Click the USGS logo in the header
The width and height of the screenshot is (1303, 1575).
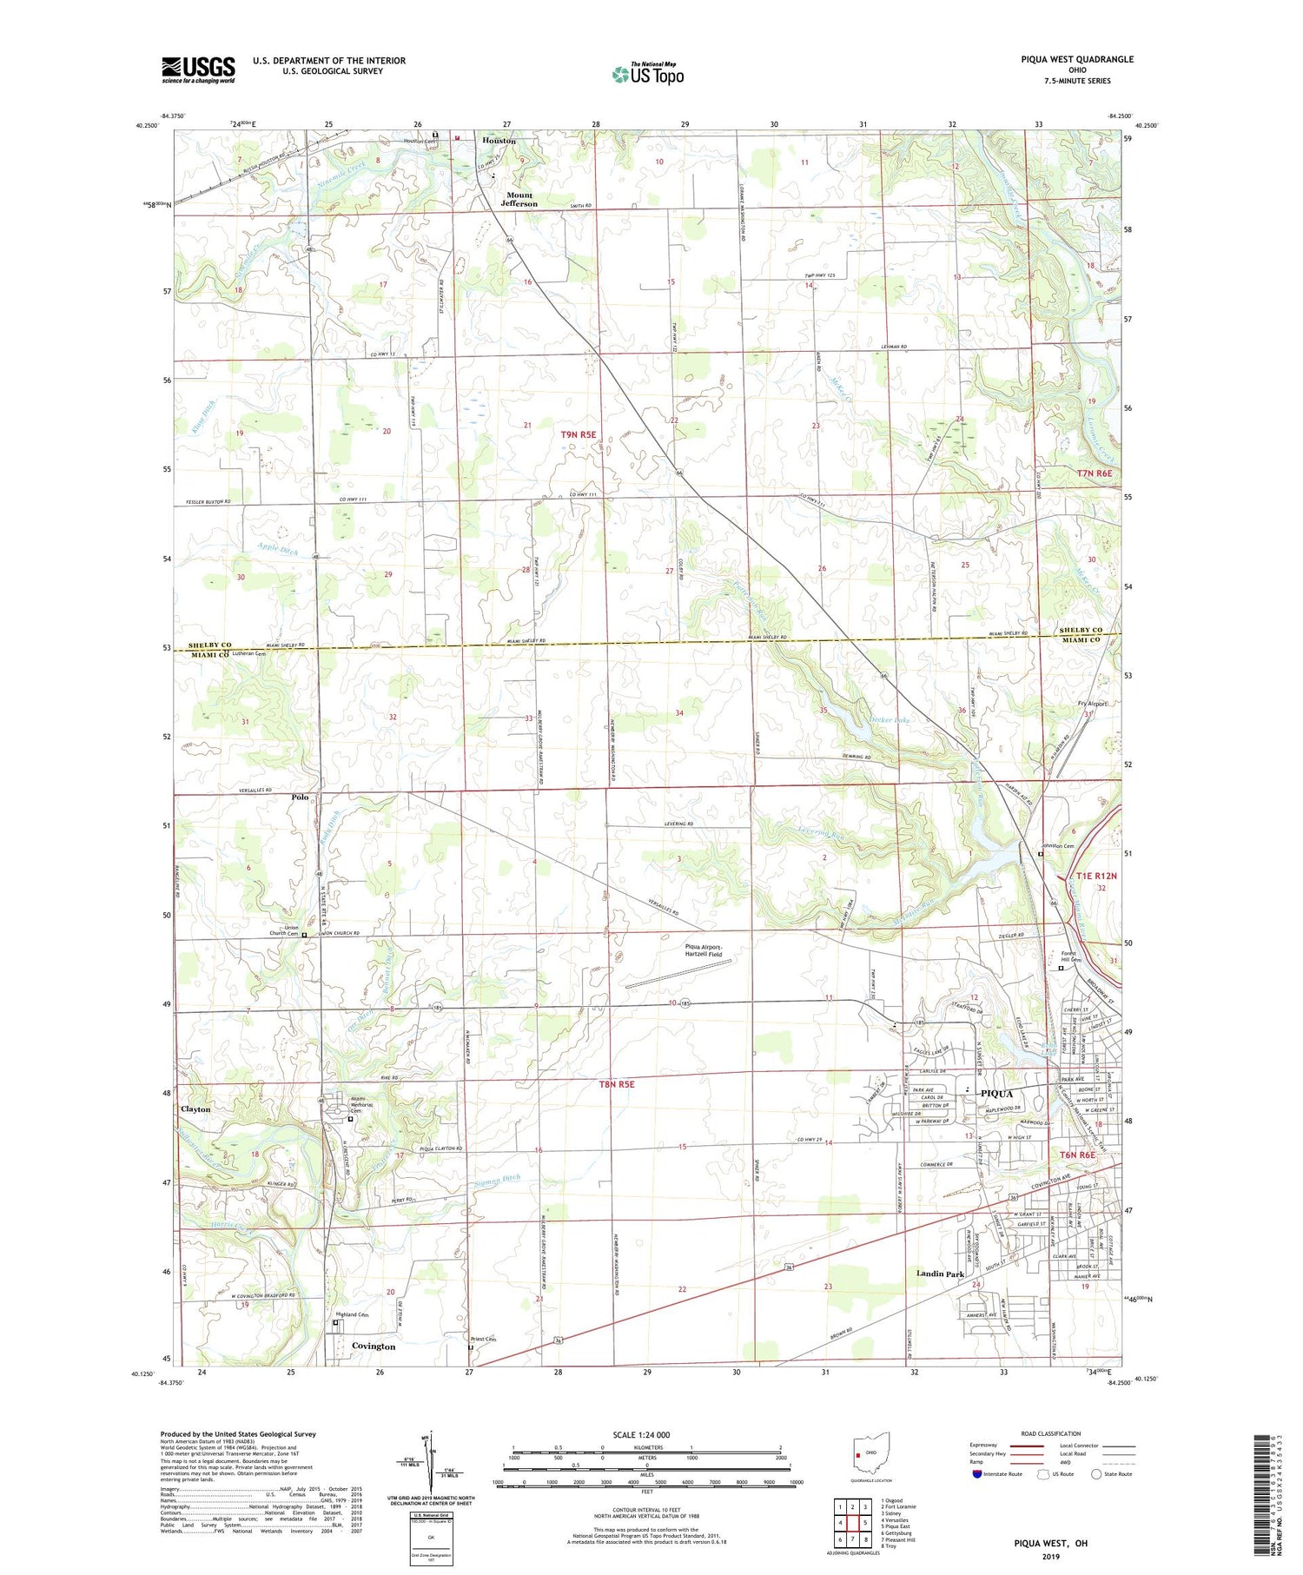pyautogui.click(x=198, y=69)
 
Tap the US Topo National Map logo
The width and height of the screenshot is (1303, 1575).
pyautogui.click(x=648, y=75)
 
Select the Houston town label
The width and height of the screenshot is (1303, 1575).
pyautogui.click(x=499, y=141)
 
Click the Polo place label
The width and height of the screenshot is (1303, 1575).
pyautogui.click(x=301, y=797)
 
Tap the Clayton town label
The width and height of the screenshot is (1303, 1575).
pyautogui.click(x=195, y=1109)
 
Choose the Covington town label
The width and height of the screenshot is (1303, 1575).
pyautogui.click(x=374, y=1346)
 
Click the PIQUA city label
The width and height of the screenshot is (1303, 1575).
pyautogui.click(x=1002, y=1093)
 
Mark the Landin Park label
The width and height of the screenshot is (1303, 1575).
pyautogui.click(x=940, y=1274)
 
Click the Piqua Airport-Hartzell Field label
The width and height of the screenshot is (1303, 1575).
pyautogui.click(x=703, y=950)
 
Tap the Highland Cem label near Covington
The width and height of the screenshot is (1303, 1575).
pyautogui.click(x=352, y=1315)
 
